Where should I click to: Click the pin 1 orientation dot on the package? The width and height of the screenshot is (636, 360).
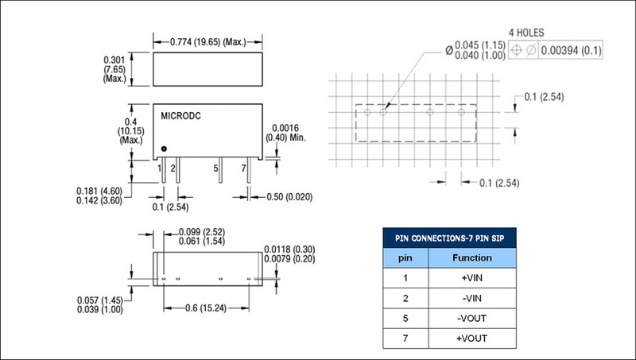pyautogui.click(x=163, y=149)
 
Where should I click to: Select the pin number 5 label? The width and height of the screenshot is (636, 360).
pyautogui.click(x=215, y=168)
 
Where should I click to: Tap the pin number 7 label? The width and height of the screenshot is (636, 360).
pyautogui.click(x=243, y=168)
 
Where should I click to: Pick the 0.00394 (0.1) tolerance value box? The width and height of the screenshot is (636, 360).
pyautogui.click(x=571, y=51)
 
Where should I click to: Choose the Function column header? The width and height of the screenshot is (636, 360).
pyautogui.click(x=472, y=257)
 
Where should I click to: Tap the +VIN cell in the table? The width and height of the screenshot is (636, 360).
pyautogui.click(x=472, y=277)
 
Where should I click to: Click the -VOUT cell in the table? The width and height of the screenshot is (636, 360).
pyautogui.click(x=472, y=319)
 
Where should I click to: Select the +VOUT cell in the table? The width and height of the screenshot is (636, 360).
pyautogui.click(x=472, y=339)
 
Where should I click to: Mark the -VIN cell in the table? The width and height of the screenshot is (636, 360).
pyautogui.click(x=472, y=298)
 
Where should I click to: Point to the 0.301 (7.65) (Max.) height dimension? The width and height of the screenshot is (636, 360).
pyautogui.click(x=115, y=70)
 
